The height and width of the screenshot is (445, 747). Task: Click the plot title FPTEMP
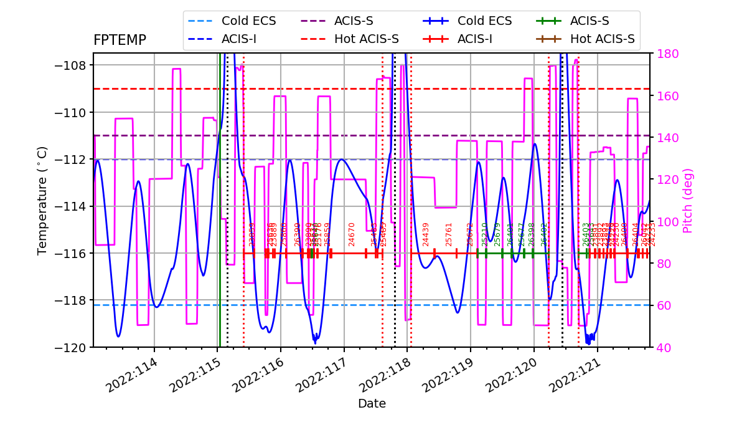pyautogui.click(x=120, y=41)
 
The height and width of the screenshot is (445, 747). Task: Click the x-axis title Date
pyautogui.click(x=372, y=404)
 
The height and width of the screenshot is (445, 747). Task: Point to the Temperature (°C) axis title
pyautogui.click(x=42, y=200)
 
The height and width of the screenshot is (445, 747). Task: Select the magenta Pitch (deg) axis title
pyautogui.click(x=688, y=200)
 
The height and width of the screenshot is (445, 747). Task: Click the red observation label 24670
pyautogui.click(x=352, y=234)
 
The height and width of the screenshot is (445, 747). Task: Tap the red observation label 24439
pyautogui.click(x=426, y=234)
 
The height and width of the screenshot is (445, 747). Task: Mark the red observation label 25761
pyautogui.click(x=449, y=234)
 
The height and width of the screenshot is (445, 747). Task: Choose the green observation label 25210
pyautogui.click(x=485, y=234)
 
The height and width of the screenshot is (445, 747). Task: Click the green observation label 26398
pyautogui.click(x=532, y=234)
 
